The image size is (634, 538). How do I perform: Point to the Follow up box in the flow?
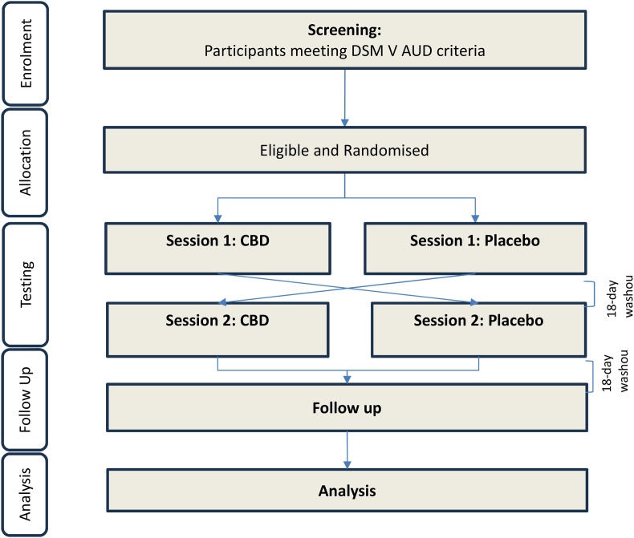coord(346,408)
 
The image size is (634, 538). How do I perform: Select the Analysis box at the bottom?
coord(346,489)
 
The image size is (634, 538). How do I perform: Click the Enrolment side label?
coord(26,54)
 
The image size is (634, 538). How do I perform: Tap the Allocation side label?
coord(26,162)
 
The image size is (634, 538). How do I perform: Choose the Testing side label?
coord(26,273)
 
